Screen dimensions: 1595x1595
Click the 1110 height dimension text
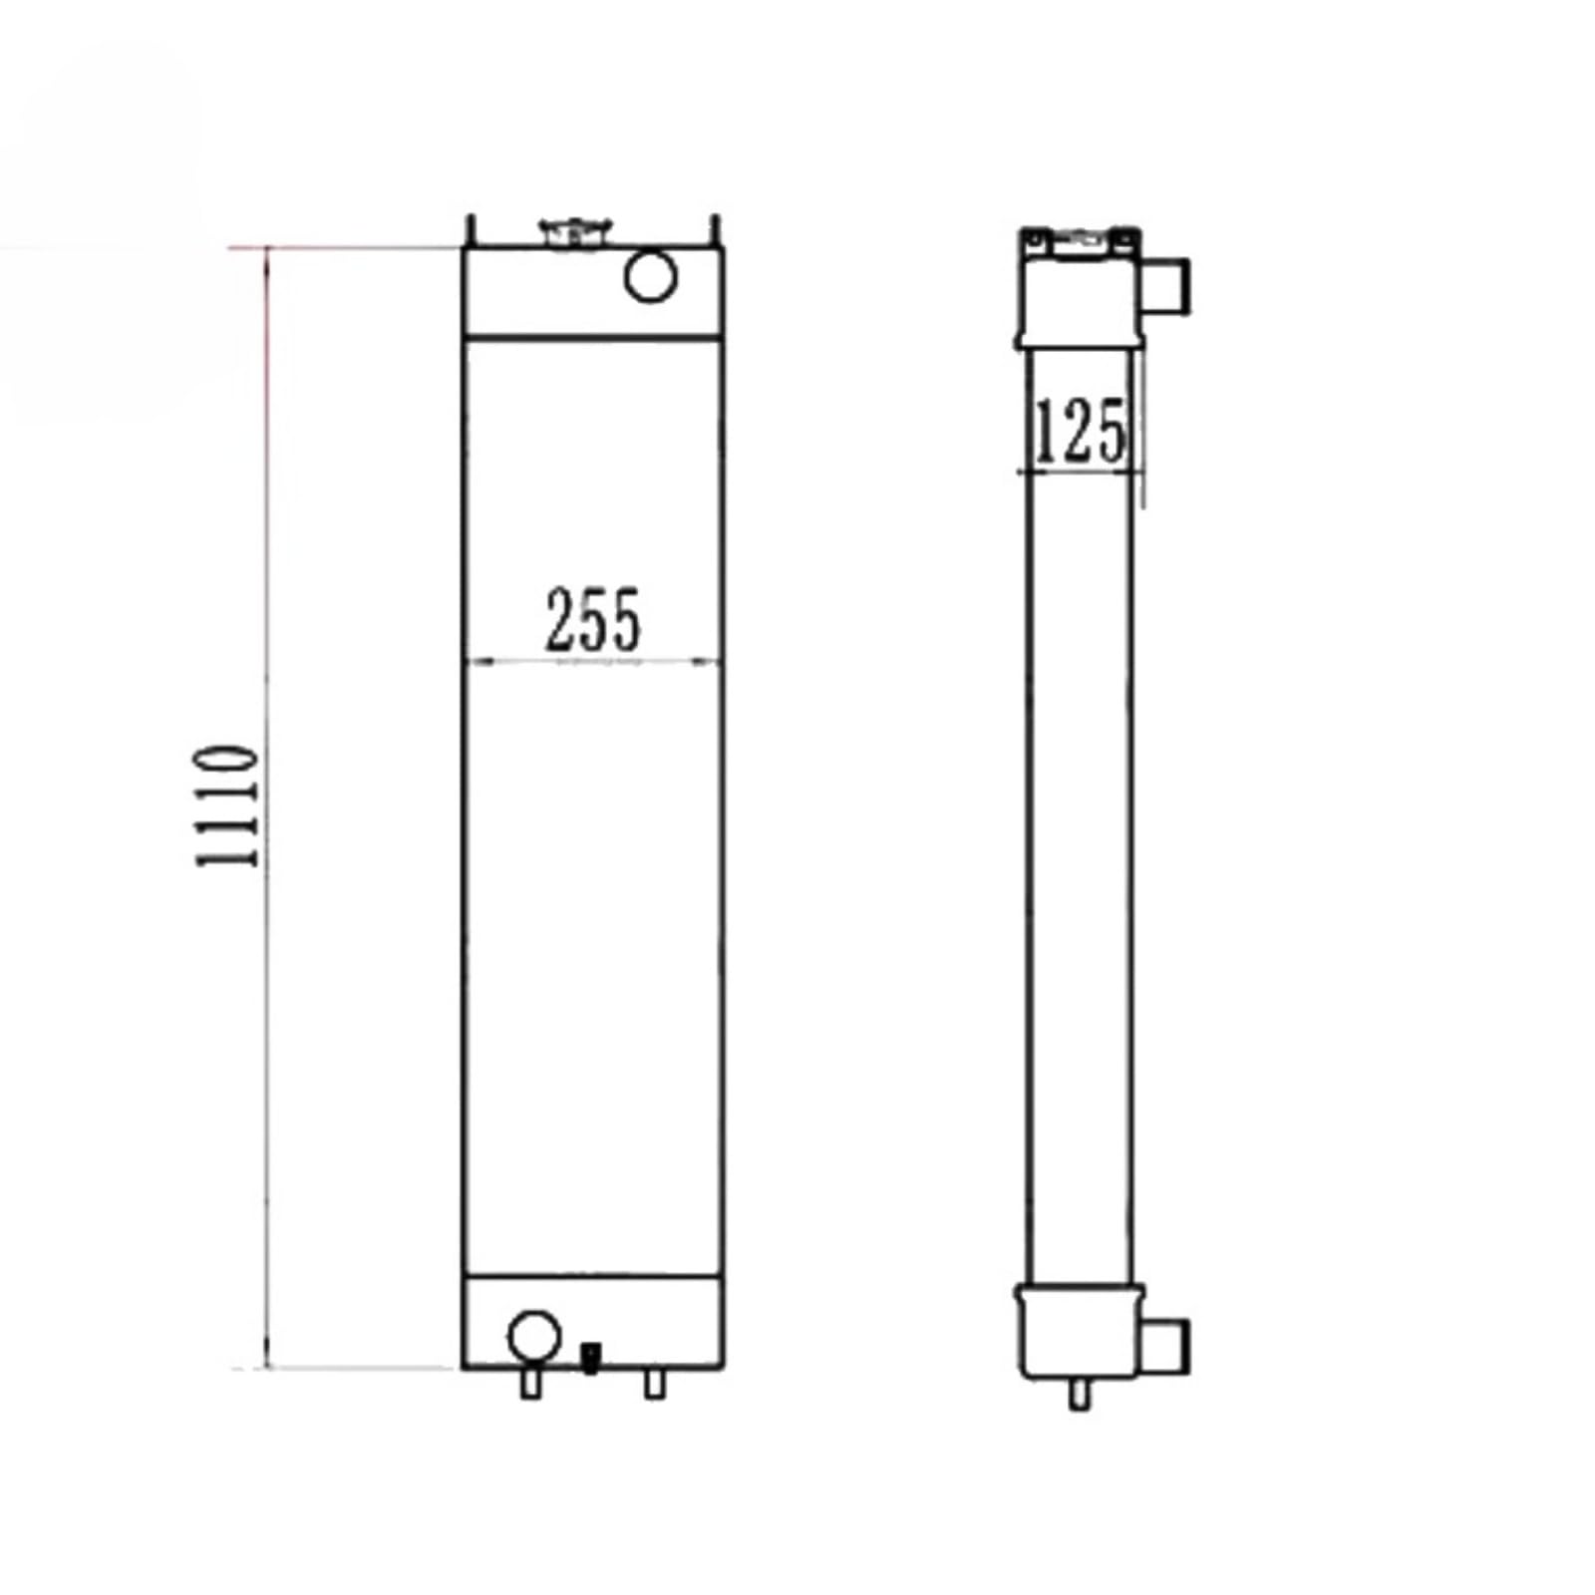pos(227,804)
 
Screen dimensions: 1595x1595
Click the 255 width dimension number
pos(593,620)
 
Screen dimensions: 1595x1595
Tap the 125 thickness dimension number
pos(1081,431)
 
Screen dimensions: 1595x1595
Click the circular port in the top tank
pos(650,275)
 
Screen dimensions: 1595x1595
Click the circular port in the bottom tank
pos(533,1336)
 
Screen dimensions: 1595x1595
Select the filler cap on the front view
pos(575,232)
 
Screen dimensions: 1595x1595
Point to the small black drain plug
pos(590,1357)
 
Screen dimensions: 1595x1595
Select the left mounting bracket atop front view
pos(472,232)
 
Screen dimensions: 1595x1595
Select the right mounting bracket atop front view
pos(715,232)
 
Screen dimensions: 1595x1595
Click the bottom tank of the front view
pos(648,1321)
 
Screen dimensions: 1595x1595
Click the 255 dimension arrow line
pos(593,660)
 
